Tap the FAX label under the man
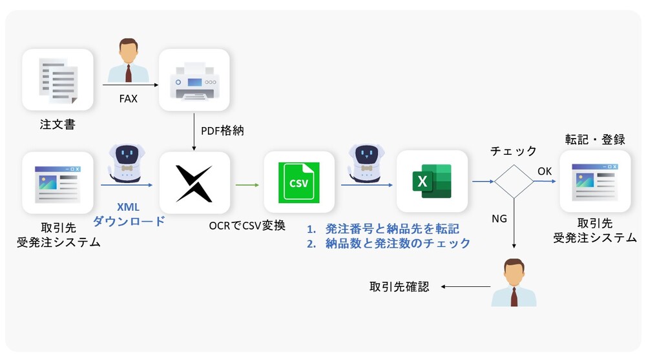[x=128, y=100]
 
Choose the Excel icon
[x=432, y=182]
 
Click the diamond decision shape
[x=514, y=181]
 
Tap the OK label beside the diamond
[x=545, y=171]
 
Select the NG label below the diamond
[x=499, y=219]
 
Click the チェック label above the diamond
[x=514, y=151]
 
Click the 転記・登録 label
[x=595, y=140]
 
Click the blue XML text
[x=128, y=208]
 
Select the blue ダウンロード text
[x=128, y=222]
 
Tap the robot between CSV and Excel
[x=366, y=161]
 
